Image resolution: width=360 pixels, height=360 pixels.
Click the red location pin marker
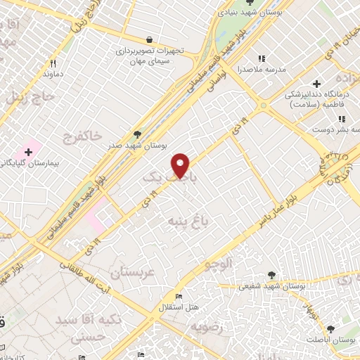coord(181,165)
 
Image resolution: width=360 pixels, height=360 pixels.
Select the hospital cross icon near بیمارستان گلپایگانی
coord(29,150)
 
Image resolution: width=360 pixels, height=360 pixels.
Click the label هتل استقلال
coord(181,307)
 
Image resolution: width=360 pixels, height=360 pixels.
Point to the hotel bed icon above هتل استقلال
coord(179,296)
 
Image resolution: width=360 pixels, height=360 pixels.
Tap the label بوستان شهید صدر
coord(137,146)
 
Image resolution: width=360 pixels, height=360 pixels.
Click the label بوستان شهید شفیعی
coord(271,286)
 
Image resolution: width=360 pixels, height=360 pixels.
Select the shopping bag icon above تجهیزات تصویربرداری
coord(148,40)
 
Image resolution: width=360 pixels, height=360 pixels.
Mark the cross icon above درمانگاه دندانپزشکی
coord(317,83)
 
